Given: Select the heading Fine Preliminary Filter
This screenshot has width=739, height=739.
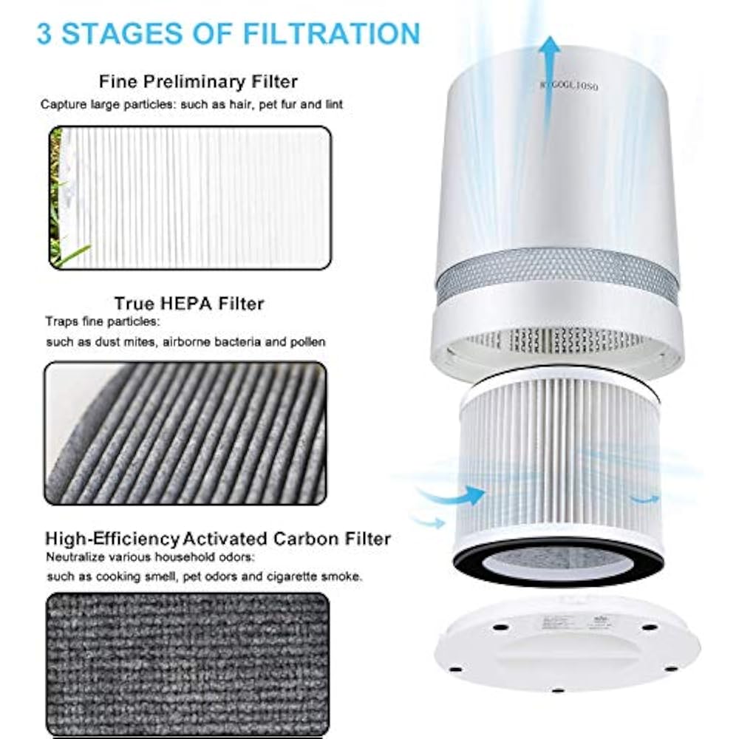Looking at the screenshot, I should click(199, 81).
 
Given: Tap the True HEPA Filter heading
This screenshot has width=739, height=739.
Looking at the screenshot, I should click(188, 304).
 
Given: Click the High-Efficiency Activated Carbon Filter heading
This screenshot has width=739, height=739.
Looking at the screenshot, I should click(218, 538).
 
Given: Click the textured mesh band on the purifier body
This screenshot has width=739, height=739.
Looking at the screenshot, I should click(556, 276).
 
